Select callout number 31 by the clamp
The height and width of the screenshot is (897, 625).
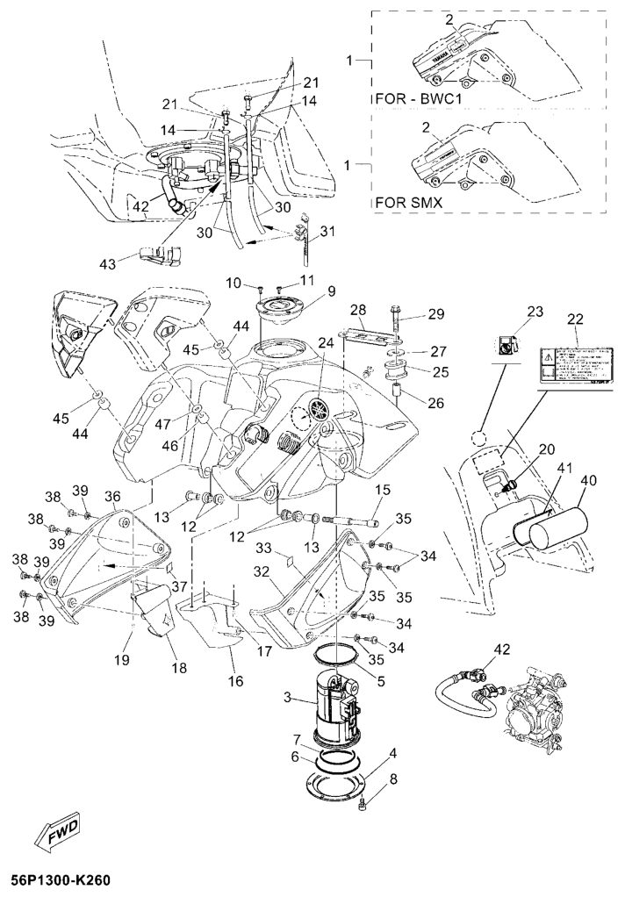click(x=328, y=232)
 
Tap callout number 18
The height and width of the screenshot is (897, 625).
click(x=179, y=667)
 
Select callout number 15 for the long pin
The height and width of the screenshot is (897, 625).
click(x=384, y=489)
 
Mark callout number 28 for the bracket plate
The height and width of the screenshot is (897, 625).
click(x=358, y=310)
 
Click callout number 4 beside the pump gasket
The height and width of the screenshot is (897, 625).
click(x=392, y=752)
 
